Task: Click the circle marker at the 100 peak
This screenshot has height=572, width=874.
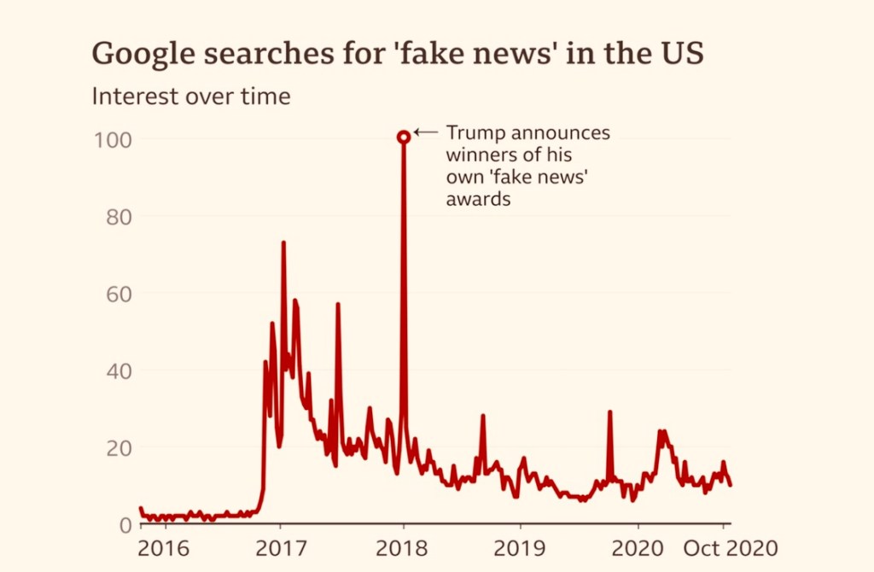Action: click(x=404, y=137)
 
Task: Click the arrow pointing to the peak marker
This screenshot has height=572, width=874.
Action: click(x=426, y=132)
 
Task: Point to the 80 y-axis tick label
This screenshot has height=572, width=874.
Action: click(x=119, y=216)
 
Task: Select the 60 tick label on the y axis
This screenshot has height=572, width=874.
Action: click(x=119, y=293)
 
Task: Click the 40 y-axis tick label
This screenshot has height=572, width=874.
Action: click(x=119, y=371)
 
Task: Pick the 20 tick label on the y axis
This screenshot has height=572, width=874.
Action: click(x=119, y=447)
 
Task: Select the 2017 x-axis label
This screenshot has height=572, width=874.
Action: click(x=282, y=546)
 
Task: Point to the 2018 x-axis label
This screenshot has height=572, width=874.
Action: click(x=404, y=546)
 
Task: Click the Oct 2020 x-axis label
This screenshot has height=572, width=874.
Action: click(x=730, y=546)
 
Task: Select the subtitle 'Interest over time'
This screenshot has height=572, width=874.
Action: click(x=191, y=96)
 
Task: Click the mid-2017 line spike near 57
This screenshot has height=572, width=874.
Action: click(x=338, y=305)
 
